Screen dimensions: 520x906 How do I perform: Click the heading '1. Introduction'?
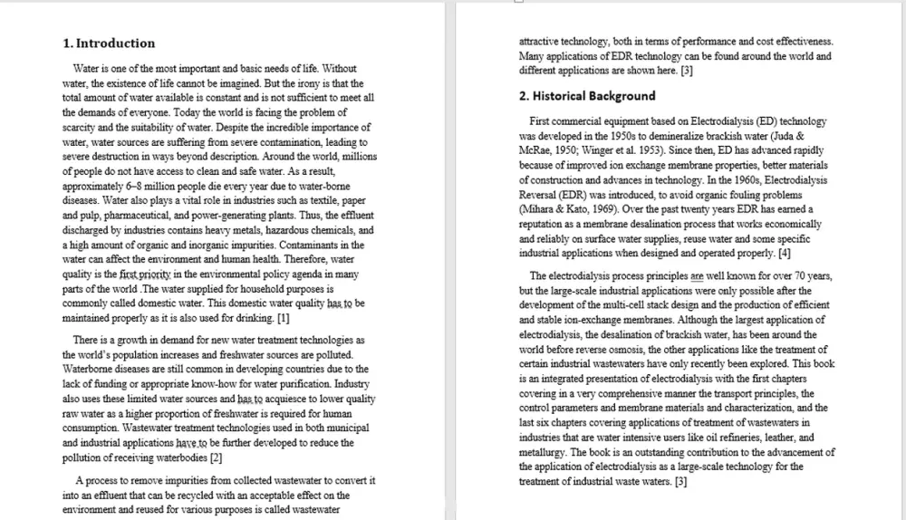click(x=109, y=43)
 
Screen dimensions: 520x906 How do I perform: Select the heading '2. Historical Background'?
click(x=587, y=95)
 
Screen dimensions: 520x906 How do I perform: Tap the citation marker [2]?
click(x=216, y=457)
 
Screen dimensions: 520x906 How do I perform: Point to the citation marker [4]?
click(x=784, y=253)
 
